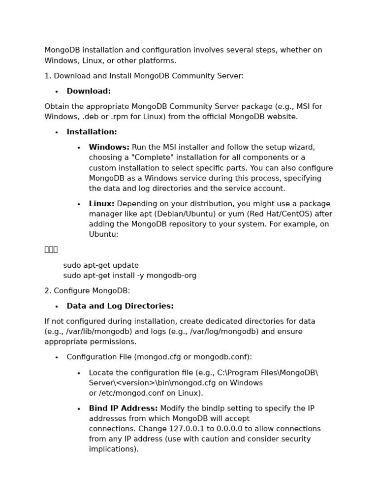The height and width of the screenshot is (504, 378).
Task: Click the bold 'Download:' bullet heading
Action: [x=89, y=91]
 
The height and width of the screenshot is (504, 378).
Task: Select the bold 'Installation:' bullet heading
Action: [x=92, y=132]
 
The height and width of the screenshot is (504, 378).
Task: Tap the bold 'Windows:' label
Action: [x=109, y=147]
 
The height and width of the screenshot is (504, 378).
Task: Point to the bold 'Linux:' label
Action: [x=101, y=204]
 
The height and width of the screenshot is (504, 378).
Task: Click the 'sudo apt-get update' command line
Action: [x=101, y=265]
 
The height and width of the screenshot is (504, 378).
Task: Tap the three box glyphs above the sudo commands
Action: [x=51, y=250]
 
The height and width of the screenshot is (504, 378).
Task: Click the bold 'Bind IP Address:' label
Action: [x=123, y=409]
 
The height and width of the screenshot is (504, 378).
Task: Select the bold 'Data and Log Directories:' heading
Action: [x=120, y=306]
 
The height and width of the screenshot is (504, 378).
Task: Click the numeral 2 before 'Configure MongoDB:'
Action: [x=47, y=291]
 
